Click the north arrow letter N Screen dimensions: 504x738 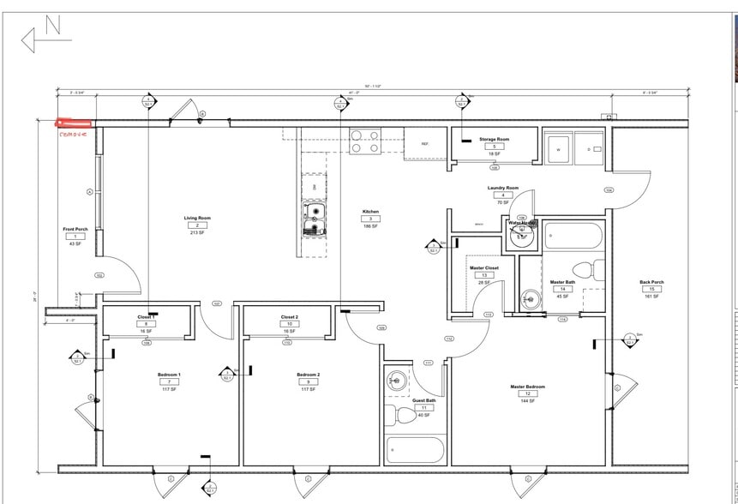(x=52, y=27)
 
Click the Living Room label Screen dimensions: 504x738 (x=197, y=218)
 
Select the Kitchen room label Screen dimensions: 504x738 (x=370, y=212)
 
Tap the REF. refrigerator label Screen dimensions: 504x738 (x=424, y=144)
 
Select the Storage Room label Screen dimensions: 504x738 (x=494, y=139)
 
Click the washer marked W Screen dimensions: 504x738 (x=559, y=148)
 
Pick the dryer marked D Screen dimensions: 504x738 (x=588, y=148)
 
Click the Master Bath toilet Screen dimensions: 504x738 (x=583, y=269)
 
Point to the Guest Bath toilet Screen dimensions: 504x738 (x=403, y=417)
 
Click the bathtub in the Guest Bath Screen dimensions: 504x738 (x=415, y=450)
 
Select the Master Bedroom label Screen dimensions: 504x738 (x=527, y=387)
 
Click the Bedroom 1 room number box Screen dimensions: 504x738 (x=168, y=382)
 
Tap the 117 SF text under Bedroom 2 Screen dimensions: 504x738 (x=308, y=389)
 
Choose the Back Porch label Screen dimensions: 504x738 (x=651, y=282)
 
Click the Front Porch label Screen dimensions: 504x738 (x=75, y=229)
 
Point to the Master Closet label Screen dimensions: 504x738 (x=483, y=267)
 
